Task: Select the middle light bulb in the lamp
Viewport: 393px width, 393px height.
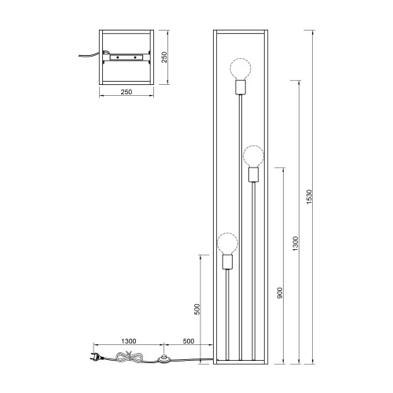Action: pyautogui.click(x=252, y=154)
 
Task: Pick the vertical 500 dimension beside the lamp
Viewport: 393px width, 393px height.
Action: pyautogui.click(x=199, y=309)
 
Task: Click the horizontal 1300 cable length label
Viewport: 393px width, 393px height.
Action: pyautogui.click(x=129, y=342)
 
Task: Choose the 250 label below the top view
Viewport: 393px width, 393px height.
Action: pyautogui.click(x=126, y=93)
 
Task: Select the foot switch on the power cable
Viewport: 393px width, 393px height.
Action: pyautogui.click(x=165, y=360)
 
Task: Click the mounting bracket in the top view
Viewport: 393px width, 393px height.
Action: pyautogui.click(x=126, y=57)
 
